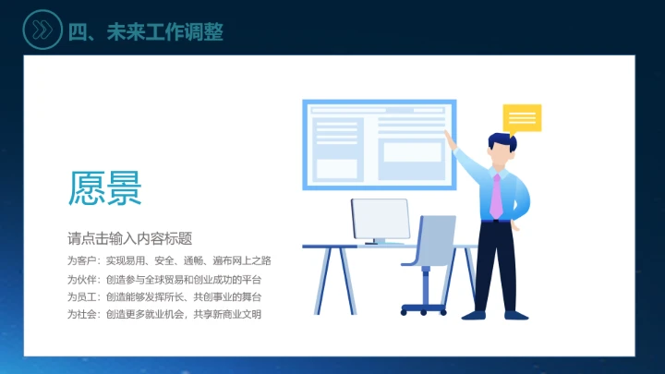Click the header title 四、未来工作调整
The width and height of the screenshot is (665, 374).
(146, 32)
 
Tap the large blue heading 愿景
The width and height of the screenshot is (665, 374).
(104, 187)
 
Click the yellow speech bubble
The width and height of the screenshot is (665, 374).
(522, 118)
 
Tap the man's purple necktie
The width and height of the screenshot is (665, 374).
(497, 194)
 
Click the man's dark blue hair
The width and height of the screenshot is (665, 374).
(500, 143)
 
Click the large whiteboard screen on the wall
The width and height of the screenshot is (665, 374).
(379, 143)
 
